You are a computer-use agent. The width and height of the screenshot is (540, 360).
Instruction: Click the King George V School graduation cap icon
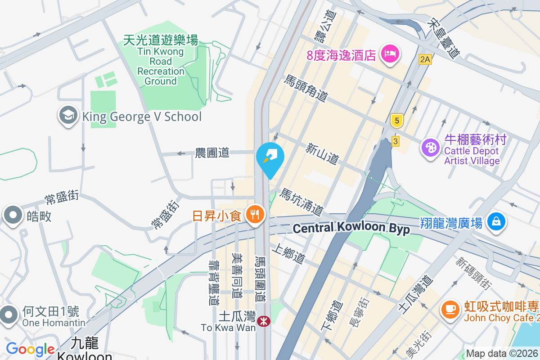pyautogui.click(x=68, y=116)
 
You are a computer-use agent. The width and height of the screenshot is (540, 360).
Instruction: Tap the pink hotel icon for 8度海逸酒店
pyautogui.click(x=390, y=54)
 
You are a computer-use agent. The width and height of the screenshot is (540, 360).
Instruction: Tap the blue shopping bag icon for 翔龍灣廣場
pyautogui.click(x=495, y=221)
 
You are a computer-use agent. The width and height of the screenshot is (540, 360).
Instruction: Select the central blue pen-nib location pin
pyautogui.click(x=270, y=158)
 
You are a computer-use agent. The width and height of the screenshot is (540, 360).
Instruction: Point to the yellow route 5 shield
pyautogui.click(x=396, y=121)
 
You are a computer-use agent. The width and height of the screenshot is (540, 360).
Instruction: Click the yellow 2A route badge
pyautogui.click(x=424, y=59)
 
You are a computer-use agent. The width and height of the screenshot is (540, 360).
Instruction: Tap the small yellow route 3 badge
pyautogui.click(x=396, y=141)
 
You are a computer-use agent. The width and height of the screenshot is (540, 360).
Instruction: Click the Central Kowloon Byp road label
pyautogui.click(x=351, y=228)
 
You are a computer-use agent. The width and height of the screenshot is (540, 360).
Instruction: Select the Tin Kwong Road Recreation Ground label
pyautogui.click(x=161, y=60)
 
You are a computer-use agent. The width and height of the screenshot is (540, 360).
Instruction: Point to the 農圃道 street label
pyautogui.click(x=212, y=153)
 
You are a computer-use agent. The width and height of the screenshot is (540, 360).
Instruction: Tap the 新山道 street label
pyautogui.click(x=322, y=154)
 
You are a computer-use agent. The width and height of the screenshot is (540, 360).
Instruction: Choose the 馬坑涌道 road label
pyautogui.click(x=301, y=201)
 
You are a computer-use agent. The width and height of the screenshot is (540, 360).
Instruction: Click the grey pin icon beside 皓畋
pyautogui.click(x=13, y=216)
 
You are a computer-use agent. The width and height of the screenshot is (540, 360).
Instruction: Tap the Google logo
pyautogui.click(x=30, y=349)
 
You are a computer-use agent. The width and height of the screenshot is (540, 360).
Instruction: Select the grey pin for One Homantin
pyautogui.click(x=9, y=315)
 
